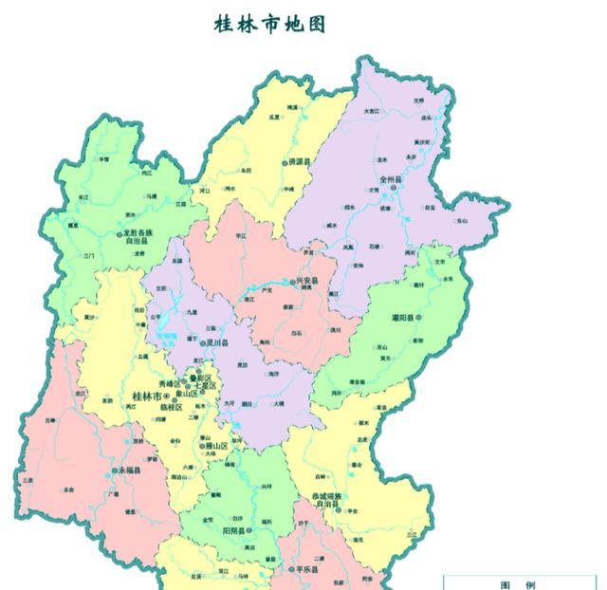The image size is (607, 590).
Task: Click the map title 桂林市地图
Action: (270, 25)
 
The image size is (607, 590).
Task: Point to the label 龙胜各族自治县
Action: (138, 236)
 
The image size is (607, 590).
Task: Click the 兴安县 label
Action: (307, 282)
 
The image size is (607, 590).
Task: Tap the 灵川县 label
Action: (219, 343)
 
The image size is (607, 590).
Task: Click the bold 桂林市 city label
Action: (147, 395)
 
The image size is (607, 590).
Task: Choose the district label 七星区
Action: (205, 386)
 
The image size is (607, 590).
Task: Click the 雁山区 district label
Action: (215, 445)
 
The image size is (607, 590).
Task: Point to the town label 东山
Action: (462, 220)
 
